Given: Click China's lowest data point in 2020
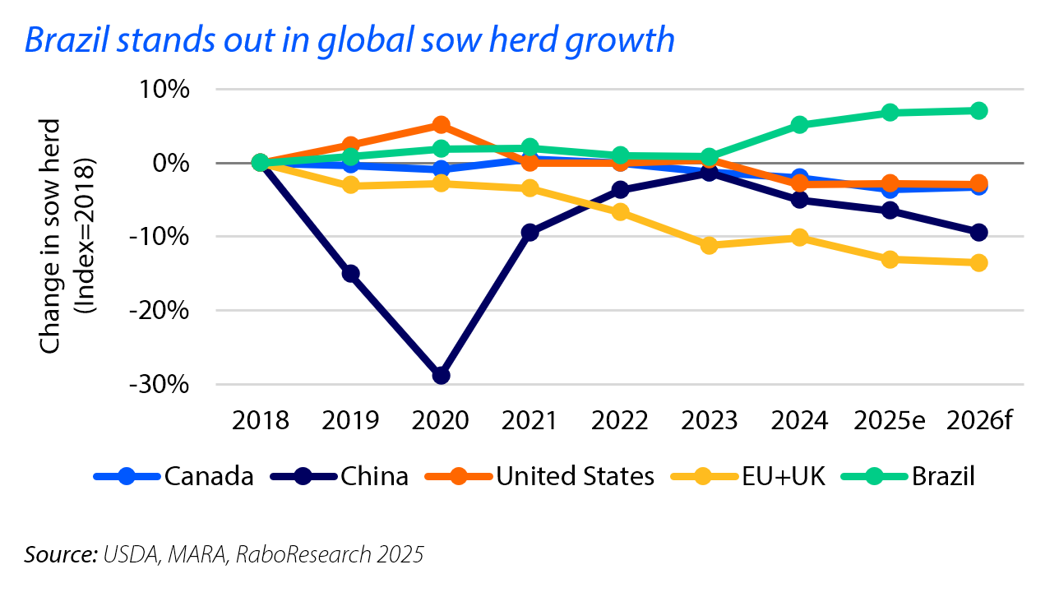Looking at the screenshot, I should [441, 375].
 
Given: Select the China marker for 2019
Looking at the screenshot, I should [350, 273].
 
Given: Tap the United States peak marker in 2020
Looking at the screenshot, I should [441, 125].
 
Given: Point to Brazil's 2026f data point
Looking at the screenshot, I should [978, 110].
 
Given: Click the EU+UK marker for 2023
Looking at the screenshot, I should [710, 245].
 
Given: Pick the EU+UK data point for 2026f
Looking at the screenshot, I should [978, 263].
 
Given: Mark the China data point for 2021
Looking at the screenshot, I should [530, 233].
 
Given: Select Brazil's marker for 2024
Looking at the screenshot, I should [799, 125].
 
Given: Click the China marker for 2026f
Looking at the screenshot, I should [978, 233].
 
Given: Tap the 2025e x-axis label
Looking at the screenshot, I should [889, 422].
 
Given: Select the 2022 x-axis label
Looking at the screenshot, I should [620, 422].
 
